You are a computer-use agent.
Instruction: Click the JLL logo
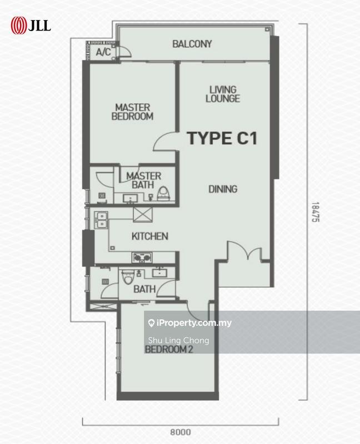[31, 26]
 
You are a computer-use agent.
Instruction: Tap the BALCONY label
[192, 44]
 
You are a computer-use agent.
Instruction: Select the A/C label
[103, 52]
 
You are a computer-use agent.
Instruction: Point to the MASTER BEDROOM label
[132, 112]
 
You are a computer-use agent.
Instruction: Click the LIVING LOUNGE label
[223, 94]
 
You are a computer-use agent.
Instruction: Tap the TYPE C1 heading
[222, 138]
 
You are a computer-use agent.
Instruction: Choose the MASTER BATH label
[143, 180]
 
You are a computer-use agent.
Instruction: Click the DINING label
[223, 189]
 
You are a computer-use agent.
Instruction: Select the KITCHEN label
[149, 236]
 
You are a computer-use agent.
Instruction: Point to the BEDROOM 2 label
[169, 350]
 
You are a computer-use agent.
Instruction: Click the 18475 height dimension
[315, 212]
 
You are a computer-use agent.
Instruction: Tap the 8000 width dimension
[181, 432]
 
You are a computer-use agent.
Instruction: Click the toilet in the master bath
[163, 193]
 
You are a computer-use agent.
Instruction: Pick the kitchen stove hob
[142, 258]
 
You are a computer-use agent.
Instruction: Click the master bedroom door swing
[165, 142]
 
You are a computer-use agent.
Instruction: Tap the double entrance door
[244, 251]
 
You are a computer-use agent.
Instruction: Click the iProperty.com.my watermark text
[190, 323]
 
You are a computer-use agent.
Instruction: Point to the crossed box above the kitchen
[143, 214]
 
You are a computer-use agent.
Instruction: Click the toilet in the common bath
[128, 276]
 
